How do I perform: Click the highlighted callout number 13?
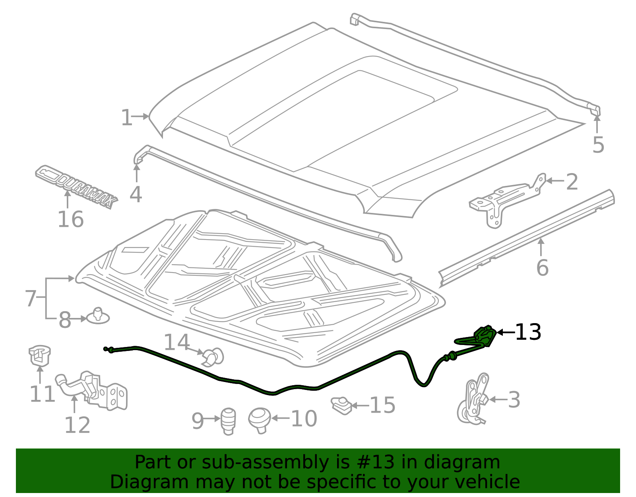coord(528,332)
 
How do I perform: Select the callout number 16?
coord(70,220)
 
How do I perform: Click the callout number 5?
coord(598,145)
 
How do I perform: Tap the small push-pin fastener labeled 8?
coord(97,316)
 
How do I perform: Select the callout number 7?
coord(31,298)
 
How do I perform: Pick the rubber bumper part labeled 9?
coord(228,421)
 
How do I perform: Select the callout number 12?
coord(77,425)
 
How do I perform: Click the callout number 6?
coord(542,267)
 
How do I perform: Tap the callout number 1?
coord(126,118)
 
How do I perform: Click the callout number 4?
coord(136,195)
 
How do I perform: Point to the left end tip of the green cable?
coord(105,349)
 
